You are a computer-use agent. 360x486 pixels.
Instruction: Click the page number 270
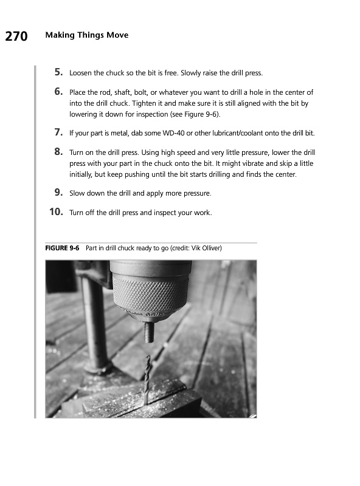tap(16, 36)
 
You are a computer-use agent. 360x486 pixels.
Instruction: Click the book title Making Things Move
tap(87, 35)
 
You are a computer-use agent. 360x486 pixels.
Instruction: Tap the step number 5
tap(59, 72)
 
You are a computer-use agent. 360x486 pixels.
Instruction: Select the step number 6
tap(59, 92)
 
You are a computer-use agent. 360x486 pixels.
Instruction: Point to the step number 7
tap(59, 132)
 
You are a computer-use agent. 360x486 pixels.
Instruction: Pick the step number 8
tap(59, 151)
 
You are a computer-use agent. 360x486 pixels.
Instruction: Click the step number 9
tap(59, 193)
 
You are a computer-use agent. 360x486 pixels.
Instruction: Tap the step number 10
tap(57, 211)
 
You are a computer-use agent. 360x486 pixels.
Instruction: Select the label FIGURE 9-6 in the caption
tap(62, 248)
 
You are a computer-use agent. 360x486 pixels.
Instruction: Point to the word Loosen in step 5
tap(80, 73)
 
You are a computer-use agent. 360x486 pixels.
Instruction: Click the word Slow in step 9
tap(77, 193)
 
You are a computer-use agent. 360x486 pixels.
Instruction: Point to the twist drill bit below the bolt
tap(147, 380)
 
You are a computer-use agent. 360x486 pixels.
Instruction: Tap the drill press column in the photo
tap(94, 326)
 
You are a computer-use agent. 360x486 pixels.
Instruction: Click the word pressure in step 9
tap(197, 194)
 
